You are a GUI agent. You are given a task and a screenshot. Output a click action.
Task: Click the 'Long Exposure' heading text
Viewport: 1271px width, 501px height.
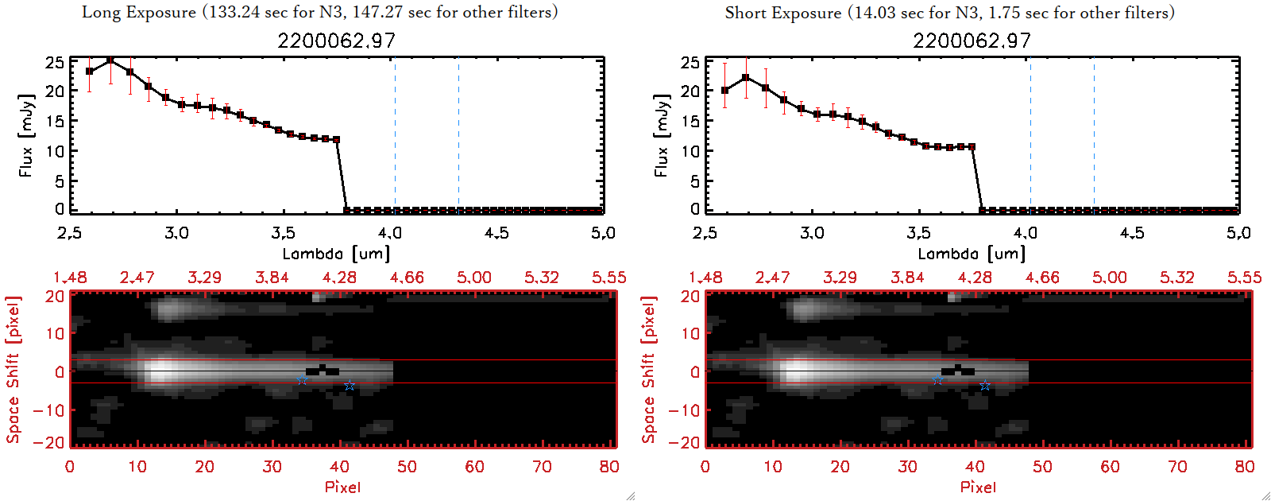[139, 12]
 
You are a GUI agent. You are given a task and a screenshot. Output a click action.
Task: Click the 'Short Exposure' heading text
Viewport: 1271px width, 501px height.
[782, 13]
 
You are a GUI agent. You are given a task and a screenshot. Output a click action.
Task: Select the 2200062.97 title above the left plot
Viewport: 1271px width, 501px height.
[336, 41]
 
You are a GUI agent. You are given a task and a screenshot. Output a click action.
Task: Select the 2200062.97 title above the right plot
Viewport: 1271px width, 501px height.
[972, 41]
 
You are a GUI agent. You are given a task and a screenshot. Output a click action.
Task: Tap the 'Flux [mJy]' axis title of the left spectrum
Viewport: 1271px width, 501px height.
[26, 135]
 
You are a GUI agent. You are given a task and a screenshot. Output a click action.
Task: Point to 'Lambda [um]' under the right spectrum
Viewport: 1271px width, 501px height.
[972, 254]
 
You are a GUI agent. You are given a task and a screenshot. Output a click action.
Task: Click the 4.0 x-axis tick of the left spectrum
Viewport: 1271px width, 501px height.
[389, 233]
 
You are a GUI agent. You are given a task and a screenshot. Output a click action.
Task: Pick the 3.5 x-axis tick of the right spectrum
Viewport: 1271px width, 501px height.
[918, 233]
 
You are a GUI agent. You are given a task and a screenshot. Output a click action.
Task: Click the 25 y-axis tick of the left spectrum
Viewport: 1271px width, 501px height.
[55, 62]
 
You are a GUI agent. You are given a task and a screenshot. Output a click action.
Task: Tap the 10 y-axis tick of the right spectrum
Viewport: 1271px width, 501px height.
[690, 151]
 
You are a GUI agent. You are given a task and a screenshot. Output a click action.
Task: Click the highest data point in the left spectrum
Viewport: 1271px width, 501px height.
[110, 60]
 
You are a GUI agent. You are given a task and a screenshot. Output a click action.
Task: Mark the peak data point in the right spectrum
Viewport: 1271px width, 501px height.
[745, 77]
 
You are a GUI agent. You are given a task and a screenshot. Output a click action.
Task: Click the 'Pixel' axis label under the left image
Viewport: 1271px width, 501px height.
[342, 487]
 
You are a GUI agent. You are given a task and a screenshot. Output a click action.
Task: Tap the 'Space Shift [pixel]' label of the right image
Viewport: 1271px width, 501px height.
[649, 370]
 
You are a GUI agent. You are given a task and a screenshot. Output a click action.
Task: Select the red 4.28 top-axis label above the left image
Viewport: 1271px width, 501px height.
[339, 278]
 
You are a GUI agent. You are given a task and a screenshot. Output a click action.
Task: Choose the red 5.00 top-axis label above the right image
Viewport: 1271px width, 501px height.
[1109, 278]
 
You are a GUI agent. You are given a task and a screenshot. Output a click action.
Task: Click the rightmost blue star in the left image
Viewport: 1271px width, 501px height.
[350, 386]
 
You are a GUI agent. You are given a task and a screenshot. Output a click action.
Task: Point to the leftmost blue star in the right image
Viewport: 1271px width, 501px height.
[937, 380]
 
